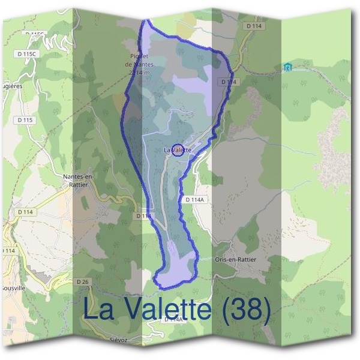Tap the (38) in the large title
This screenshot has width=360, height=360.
point(243,310)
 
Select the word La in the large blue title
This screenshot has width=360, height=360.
point(97,310)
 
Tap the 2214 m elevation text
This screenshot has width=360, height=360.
point(139,72)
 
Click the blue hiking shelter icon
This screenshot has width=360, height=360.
point(288,67)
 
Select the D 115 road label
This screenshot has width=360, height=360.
point(25,120)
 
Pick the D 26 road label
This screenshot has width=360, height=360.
point(83,281)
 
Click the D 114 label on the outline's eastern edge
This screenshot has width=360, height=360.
point(227,82)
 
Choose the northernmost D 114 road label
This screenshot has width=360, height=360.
point(254,26)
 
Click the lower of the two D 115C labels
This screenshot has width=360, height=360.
point(26,54)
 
